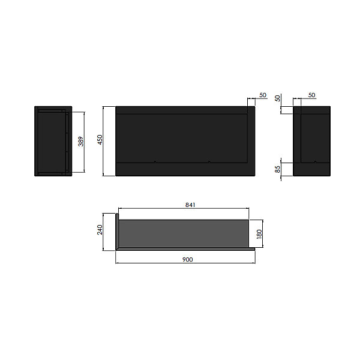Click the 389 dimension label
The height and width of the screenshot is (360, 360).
pos(81,142)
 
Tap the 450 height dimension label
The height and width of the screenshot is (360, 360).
pos(100,140)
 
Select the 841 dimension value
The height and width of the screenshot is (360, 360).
pos(190,205)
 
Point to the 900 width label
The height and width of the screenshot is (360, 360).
pos(188,259)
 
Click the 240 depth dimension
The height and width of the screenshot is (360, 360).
pos(100,230)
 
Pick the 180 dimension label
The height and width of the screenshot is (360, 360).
pos(259,234)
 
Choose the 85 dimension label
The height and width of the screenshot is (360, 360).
pos(278,169)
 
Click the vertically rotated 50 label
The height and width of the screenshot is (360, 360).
pos(278,98)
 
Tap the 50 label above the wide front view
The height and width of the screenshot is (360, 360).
pos(263,95)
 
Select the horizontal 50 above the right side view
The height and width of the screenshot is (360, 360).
pos(311,95)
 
